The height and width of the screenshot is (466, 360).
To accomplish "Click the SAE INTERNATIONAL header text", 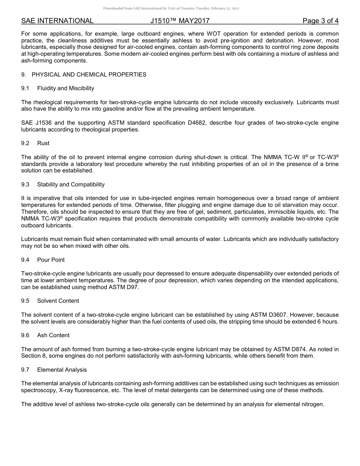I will click(x=57, y=21).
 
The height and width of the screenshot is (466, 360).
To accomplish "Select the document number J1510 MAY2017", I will click(x=177, y=21).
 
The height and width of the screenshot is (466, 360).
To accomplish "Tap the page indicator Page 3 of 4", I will click(x=320, y=21).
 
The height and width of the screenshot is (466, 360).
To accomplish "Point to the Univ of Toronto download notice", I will click(x=171, y=8).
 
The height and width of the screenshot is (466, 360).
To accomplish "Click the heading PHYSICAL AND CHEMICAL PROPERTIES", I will click(x=89, y=75).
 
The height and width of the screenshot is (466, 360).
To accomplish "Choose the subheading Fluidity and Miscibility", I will click(x=66, y=88).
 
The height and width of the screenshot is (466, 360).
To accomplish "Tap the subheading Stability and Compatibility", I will click(x=71, y=185).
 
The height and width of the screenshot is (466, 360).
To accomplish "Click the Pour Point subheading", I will click(x=51, y=260).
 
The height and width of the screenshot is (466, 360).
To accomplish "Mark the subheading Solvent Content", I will click(x=58, y=301).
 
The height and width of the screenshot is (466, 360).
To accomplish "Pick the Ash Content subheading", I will click(x=53, y=335).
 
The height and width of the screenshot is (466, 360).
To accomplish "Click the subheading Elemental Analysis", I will click(x=62, y=370).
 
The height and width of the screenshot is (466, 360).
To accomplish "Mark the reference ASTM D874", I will click(x=299, y=349).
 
